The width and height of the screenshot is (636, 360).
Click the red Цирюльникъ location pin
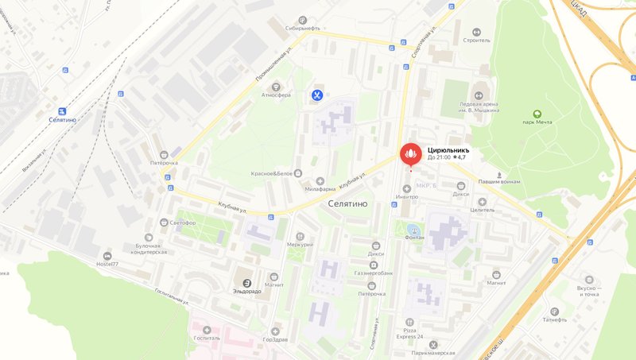tap(410, 152)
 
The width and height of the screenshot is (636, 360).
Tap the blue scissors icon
tap(317, 96)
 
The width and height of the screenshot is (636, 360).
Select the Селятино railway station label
tap(61, 120)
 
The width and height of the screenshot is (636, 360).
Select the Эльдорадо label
tap(247, 291)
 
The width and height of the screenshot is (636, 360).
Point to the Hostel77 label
tap(107, 264)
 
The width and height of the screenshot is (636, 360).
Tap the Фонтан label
tap(413, 237)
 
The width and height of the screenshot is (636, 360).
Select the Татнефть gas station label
tap(554, 320)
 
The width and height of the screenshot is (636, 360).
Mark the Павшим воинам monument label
tap(499, 181)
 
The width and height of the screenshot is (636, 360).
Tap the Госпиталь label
tap(207, 337)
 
